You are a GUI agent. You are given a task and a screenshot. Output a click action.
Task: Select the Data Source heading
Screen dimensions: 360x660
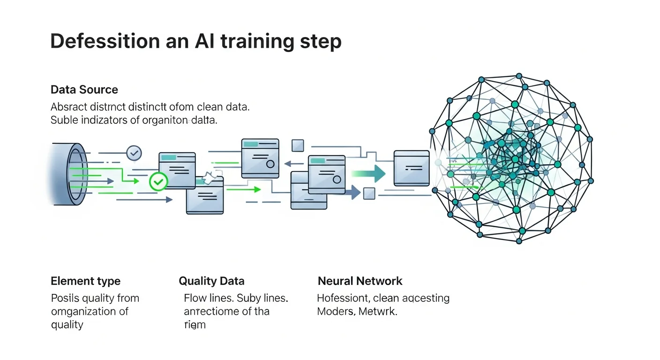tap(84, 90)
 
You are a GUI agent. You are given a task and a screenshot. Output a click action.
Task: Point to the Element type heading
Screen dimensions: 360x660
tap(85, 281)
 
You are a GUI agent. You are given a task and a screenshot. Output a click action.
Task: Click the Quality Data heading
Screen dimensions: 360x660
tap(211, 281)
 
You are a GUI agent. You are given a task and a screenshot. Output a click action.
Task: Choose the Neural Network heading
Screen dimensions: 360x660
tap(360, 281)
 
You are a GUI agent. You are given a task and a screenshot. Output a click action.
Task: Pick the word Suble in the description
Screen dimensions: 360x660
tap(63, 120)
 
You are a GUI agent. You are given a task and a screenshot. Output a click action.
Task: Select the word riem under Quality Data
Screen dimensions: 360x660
tap(195, 324)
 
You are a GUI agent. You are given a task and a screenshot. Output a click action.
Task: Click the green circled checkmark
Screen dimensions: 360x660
tap(158, 181)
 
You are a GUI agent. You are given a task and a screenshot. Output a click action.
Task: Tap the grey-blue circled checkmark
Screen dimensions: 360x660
tap(134, 152)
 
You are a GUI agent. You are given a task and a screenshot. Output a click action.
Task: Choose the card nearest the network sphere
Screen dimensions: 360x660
tap(412, 167)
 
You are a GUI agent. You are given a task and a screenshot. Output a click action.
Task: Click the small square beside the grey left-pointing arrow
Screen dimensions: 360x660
tap(298, 146)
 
